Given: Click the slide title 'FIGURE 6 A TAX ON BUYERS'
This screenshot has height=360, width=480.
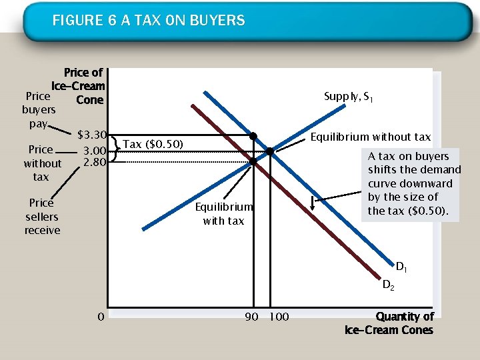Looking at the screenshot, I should click(x=149, y=21).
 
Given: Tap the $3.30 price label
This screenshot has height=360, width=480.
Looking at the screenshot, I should click(x=93, y=135).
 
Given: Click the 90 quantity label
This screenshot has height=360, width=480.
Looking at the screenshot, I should click(x=251, y=317).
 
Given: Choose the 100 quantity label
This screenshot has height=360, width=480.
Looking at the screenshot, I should click(x=278, y=317).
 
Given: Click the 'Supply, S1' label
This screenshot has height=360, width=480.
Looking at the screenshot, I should click(x=348, y=97).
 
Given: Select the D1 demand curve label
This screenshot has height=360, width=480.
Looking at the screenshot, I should click(x=402, y=268).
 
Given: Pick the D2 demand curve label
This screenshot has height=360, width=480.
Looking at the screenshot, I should click(x=389, y=285).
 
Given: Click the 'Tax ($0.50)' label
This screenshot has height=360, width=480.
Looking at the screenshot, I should click(x=153, y=144).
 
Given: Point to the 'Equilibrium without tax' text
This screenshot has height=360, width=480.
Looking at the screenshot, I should click(x=371, y=137).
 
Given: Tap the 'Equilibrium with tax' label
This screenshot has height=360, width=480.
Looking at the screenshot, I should click(x=223, y=214).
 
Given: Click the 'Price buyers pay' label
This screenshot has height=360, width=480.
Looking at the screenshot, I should click(x=38, y=110).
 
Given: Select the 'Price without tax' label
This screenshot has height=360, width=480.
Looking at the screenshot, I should click(x=41, y=163).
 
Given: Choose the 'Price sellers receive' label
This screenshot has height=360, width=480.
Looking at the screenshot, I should click(x=42, y=217).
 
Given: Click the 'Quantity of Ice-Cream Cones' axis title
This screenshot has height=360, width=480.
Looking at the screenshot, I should click(x=389, y=323).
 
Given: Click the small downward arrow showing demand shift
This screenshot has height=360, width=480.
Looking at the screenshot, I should click(x=313, y=202).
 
